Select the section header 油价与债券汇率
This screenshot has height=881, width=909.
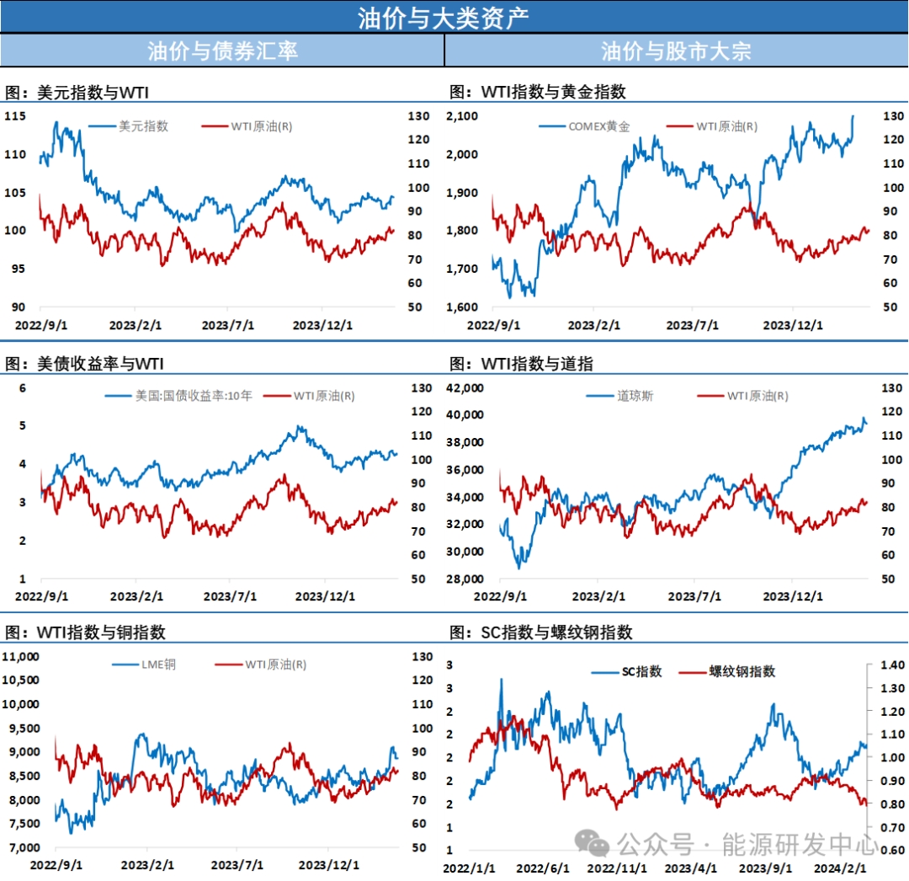click(222, 51)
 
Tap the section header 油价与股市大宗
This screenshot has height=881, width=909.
click(676, 51)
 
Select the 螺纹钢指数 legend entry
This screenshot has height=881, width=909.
click(742, 671)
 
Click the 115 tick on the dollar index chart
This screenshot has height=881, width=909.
click(16, 115)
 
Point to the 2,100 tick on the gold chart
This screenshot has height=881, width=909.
click(462, 116)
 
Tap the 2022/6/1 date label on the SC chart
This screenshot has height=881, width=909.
click(543, 868)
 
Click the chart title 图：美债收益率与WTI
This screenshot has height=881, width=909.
click(85, 364)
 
